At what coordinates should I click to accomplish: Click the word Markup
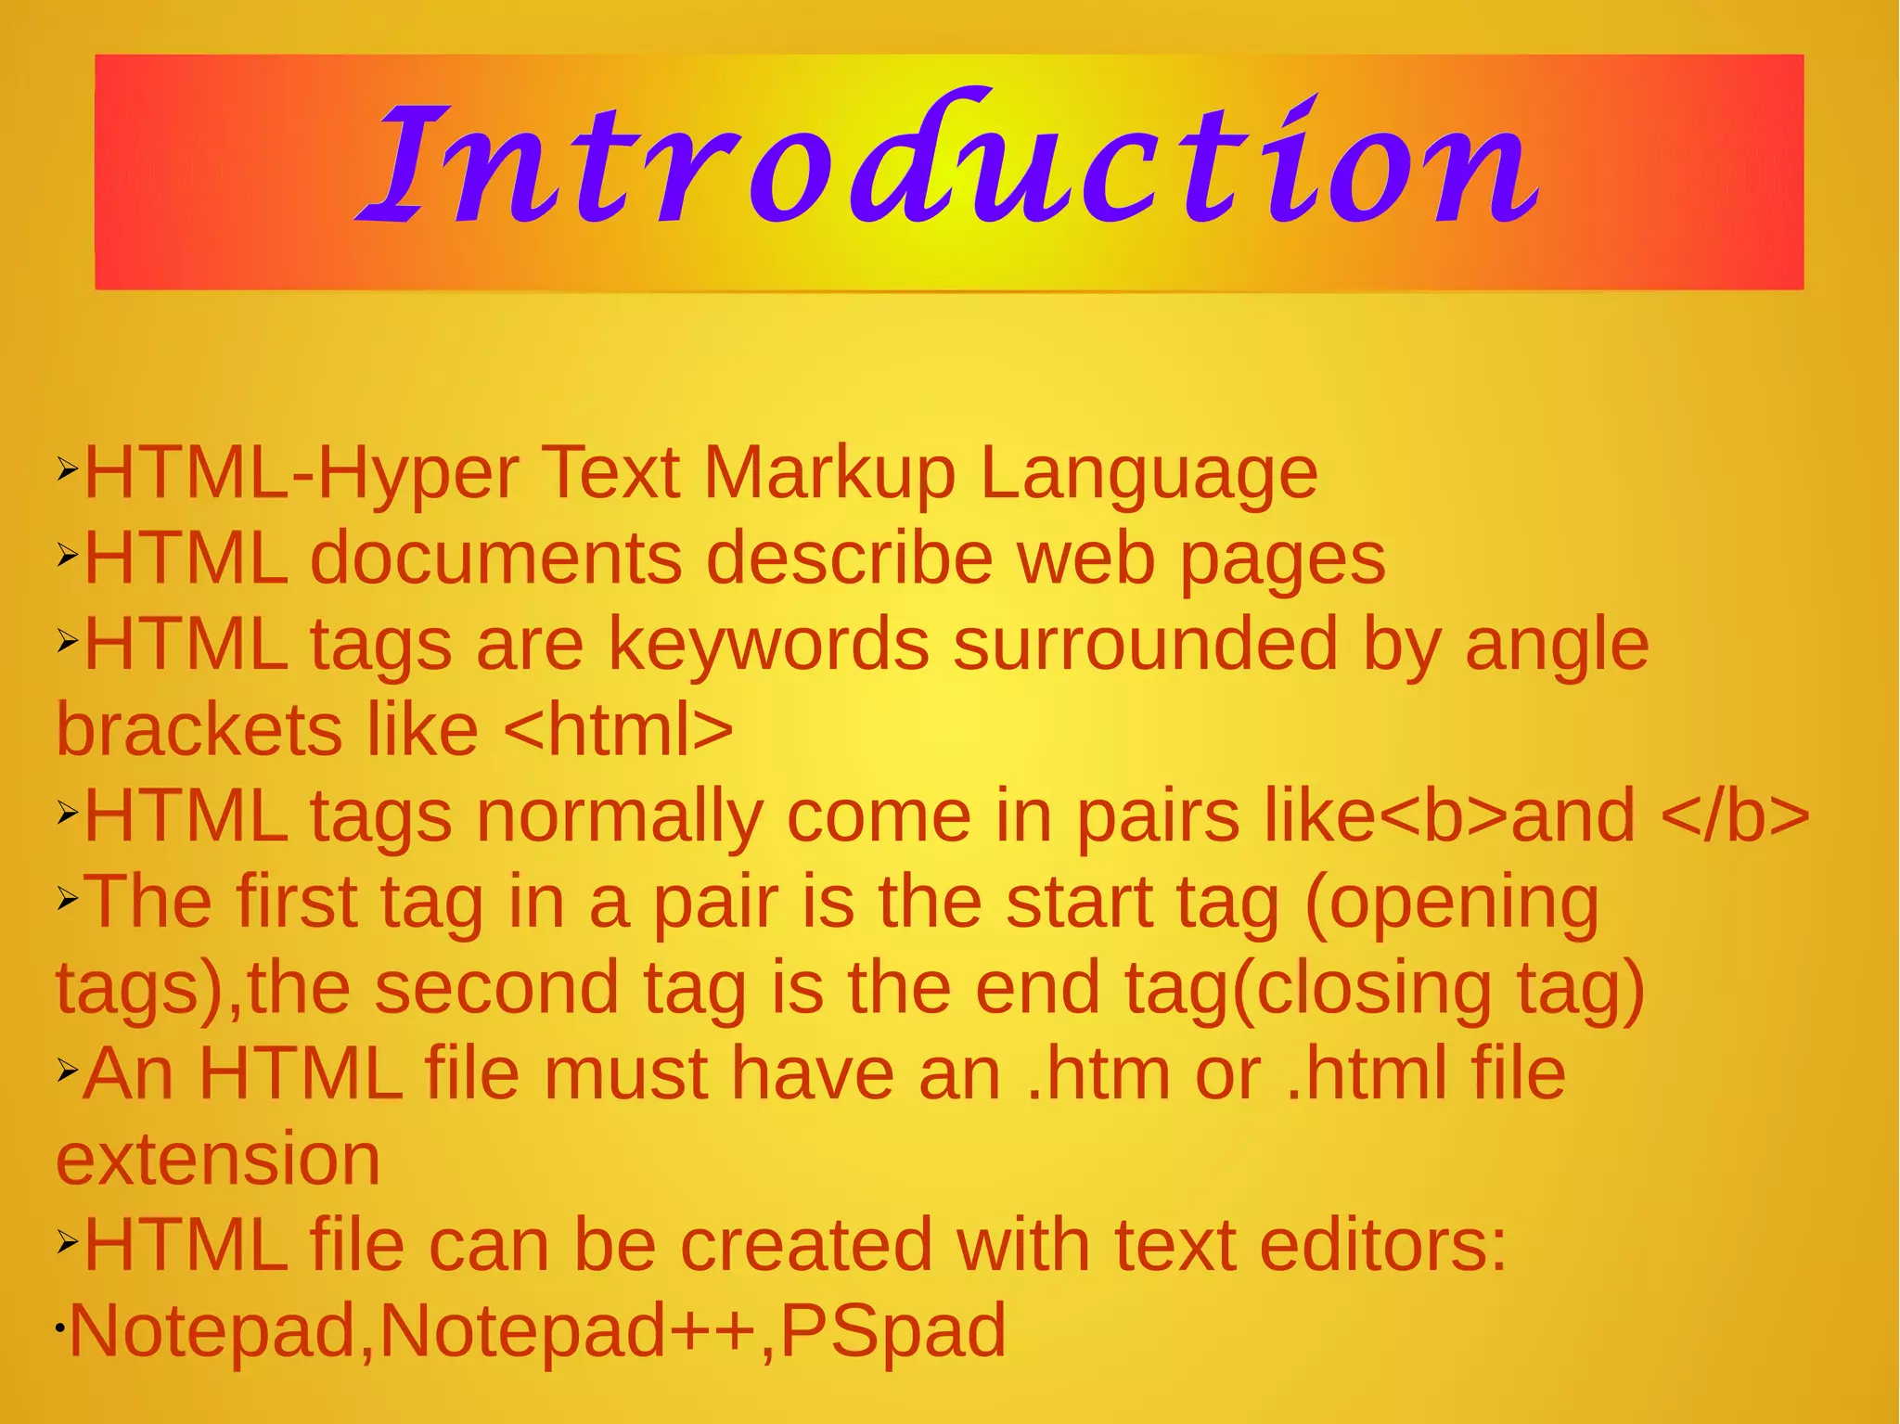(829, 474)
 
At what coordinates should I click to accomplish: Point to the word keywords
(768, 645)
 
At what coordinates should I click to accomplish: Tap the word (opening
(1451, 903)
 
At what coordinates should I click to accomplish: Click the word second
(496, 988)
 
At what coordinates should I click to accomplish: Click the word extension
(218, 1160)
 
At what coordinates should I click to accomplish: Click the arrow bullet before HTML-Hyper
(67, 469)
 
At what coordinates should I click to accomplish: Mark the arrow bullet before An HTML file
(67, 1071)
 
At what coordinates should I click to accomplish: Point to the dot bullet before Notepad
(58, 1328)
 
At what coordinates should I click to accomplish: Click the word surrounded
(1146, 645)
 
